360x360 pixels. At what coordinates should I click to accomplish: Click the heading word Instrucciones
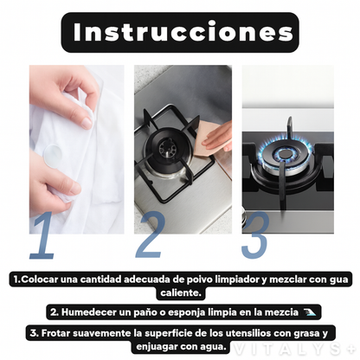pyautogui.click(x=183, y=32)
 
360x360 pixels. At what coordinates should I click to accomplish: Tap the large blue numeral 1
pyautogui.click(x=43, y=235)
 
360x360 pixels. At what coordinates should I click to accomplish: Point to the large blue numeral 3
pyautogui.click(x=255, y=235)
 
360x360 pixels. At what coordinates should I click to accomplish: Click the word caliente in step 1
pyautogui.click(x=181, y=292)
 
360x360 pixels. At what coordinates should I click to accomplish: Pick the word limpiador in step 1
pyautogui.click(x=230, y=280)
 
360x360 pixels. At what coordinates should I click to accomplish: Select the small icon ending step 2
pyautogui.click(x=310, y=312)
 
